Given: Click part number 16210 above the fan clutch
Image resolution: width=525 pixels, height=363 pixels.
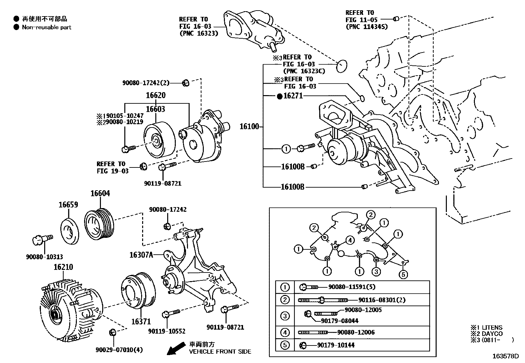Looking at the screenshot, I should (63, 267).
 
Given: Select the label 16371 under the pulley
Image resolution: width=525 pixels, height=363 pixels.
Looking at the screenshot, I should (141, 321).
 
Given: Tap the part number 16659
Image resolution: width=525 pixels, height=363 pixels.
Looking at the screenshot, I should (68, 204).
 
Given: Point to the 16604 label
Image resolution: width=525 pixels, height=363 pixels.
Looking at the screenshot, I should (100, 193).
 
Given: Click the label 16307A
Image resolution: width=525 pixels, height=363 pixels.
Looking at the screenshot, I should (141, 254).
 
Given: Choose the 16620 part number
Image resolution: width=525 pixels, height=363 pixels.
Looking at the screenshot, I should (156, 95).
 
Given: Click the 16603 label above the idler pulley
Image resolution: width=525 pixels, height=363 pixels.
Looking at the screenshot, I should (156, 109).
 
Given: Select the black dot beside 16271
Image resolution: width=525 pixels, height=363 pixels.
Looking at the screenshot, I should (280, 96).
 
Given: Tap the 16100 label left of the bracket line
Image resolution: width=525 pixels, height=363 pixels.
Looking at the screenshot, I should (249, 126).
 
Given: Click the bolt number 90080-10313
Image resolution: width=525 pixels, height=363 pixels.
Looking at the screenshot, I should (45, 257).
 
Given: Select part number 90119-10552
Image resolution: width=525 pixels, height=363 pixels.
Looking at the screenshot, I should (167, 331).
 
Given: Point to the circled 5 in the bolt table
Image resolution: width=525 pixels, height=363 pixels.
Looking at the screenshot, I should (285, 345).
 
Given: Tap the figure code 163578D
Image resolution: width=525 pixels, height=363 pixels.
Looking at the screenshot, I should (506, 356).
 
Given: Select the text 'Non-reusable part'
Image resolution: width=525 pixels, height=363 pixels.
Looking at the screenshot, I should (46, 27).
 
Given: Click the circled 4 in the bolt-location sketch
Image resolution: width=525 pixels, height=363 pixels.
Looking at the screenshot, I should (350, 240).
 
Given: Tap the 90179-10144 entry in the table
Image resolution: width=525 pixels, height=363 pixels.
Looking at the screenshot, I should (336, 345).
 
